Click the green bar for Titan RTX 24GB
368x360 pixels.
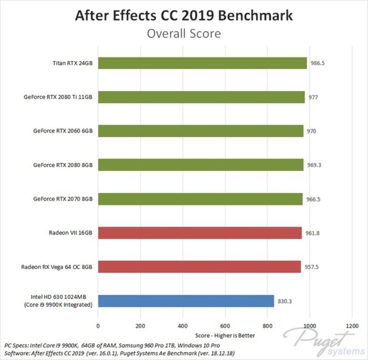[202, 63]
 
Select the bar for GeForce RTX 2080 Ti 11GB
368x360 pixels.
[201, 97]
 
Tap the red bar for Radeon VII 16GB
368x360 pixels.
[200, 233]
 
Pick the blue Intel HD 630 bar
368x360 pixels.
[186, 301]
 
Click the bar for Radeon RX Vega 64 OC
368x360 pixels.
[199, 267]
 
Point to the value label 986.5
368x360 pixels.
[317, 63]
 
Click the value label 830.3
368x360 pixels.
[284, 301]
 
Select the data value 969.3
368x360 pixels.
[314, 165]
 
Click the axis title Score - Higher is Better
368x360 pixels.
[225, 335]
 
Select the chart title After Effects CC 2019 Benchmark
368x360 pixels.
[184, 15]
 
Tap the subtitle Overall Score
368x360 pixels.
[184, 33]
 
